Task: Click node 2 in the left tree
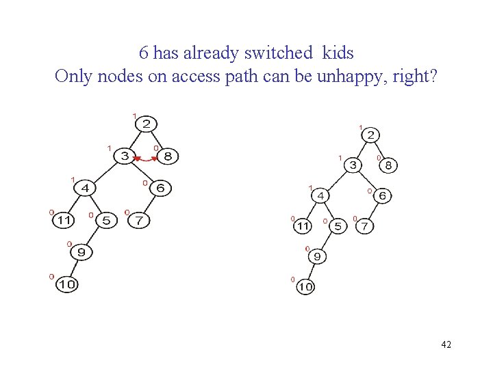click(147, 124)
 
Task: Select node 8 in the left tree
click(168, 156)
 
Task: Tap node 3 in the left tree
click(125, 156)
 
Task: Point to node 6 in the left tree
click(160, 188)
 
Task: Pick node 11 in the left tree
click(64, 220)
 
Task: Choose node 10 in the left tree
click(66, 284)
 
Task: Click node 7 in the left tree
click(139, 220)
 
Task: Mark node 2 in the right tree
click(370, 135)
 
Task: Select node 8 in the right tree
click(388, 165)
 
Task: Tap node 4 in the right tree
click(320, 195)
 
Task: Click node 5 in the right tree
click(338, 225)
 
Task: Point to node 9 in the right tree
click(316, 257)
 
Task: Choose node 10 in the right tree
click(305, 287)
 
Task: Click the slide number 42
click(446, 344)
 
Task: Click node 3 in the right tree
click(353, 165)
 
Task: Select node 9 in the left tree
click(81, 252)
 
